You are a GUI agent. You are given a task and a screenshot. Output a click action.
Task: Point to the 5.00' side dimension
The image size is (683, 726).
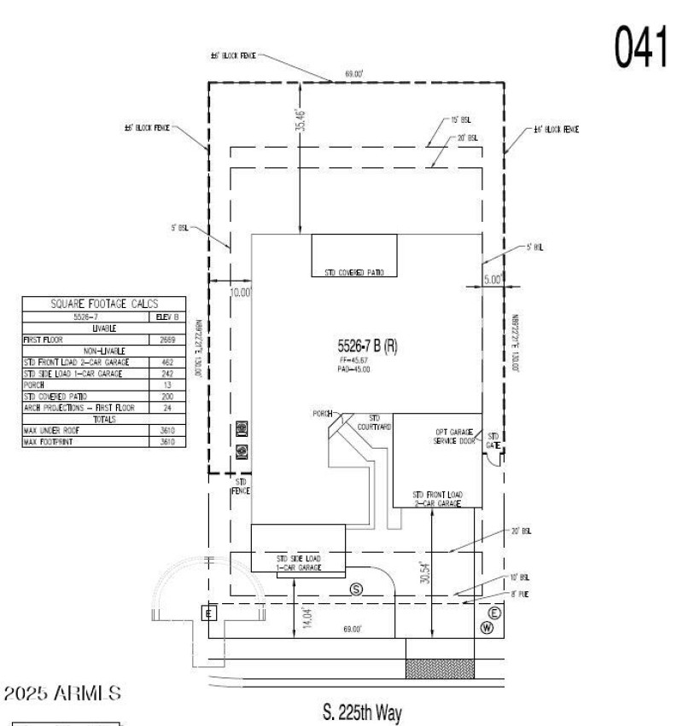493,278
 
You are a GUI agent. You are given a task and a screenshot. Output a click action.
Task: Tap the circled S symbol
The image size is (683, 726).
357,590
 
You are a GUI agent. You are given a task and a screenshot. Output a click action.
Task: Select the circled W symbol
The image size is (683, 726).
487,628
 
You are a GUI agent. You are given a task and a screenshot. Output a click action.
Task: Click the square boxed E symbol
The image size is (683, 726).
208,612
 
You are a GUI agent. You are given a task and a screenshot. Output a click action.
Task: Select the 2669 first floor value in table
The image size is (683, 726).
169,339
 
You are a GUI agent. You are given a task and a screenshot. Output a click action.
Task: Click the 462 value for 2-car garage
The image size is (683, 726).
169,363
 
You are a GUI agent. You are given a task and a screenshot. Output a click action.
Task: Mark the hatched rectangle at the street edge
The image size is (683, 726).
439,669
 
